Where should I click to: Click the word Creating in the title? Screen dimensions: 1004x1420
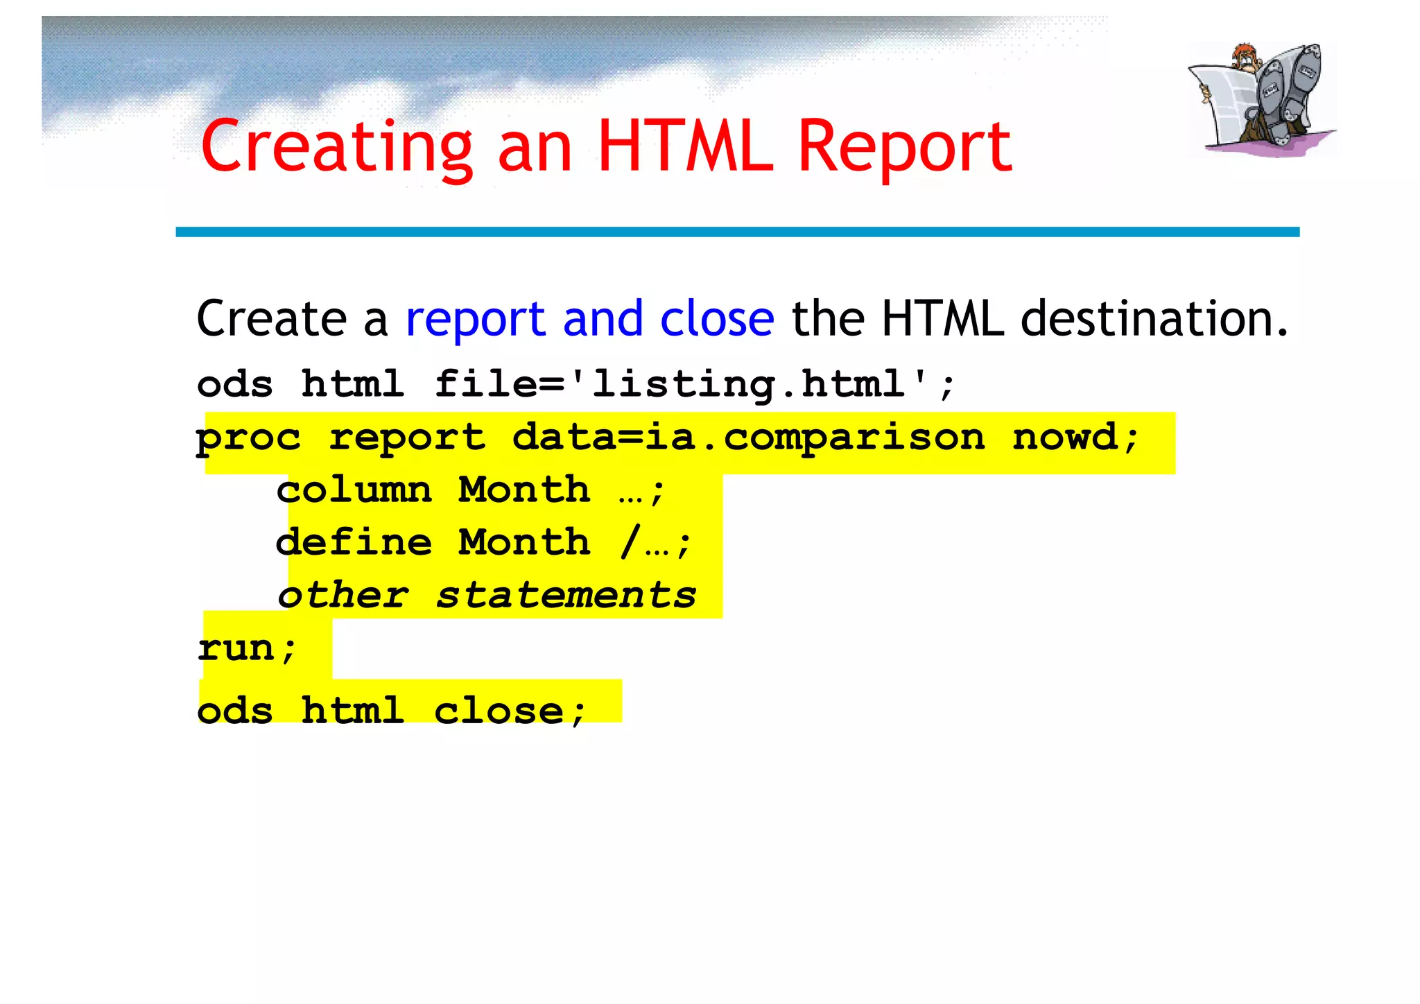point(336,147)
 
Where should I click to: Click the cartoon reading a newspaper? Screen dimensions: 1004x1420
point(1262,98)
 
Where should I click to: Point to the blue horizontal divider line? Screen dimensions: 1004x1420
point(737,232)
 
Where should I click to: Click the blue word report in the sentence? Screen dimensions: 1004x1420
point(476,320)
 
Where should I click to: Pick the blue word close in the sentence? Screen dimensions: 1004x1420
point(717,319)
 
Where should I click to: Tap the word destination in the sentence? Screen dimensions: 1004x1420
point(1154,319)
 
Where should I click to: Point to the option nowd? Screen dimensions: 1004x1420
point(1075,438)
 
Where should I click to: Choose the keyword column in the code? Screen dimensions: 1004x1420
point(354,490)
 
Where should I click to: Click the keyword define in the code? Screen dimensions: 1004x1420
point(354,542)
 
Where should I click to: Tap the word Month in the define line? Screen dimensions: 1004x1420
point(524,542)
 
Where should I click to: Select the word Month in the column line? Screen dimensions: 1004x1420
point(524,490)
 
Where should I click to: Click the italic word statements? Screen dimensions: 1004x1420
point(566,596)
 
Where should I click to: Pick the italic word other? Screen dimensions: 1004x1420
point(343,596)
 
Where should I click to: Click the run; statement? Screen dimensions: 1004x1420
point(248,649)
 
